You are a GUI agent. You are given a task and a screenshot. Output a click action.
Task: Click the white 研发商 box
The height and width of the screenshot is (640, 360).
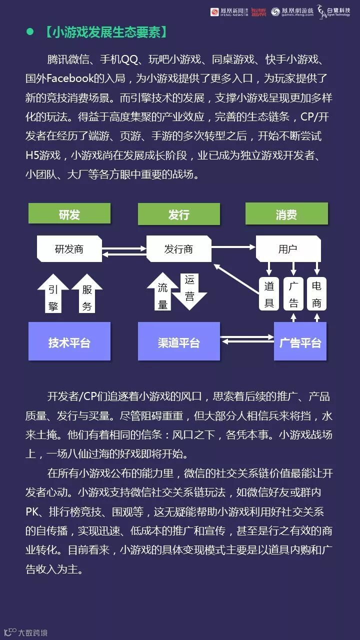tap(69, 249)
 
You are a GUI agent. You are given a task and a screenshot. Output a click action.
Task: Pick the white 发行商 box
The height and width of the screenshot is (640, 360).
tap(178, 249)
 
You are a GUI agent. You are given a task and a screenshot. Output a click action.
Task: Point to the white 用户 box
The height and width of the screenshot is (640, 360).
tap(287, 249)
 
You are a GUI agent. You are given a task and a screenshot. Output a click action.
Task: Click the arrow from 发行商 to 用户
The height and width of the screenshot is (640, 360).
tap(233, 246)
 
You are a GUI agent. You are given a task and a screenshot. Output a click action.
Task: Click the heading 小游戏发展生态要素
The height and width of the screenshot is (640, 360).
tap(105, 32)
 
